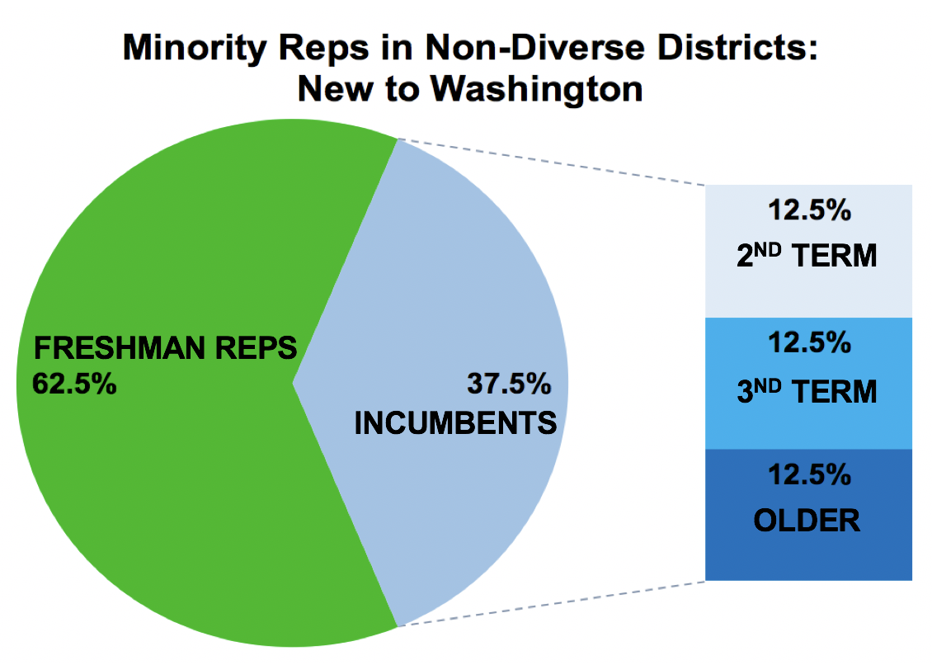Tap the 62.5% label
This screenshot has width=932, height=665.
tap(73, 384)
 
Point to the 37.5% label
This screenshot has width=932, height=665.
tap(508, 384)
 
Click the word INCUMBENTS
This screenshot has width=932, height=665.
tap(455, 423)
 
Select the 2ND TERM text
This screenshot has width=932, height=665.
tap(807, 257)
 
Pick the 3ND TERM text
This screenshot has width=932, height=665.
tap(807, 391)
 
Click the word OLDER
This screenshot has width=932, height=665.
tap(807, 521)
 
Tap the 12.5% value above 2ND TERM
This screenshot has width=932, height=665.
tap(808, 210)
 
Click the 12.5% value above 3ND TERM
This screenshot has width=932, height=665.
tap(808, 342)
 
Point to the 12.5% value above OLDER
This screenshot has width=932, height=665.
tap(808, 474)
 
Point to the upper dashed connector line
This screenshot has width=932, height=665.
tap(553, 162)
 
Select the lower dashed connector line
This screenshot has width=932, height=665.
tap(553, 603)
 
